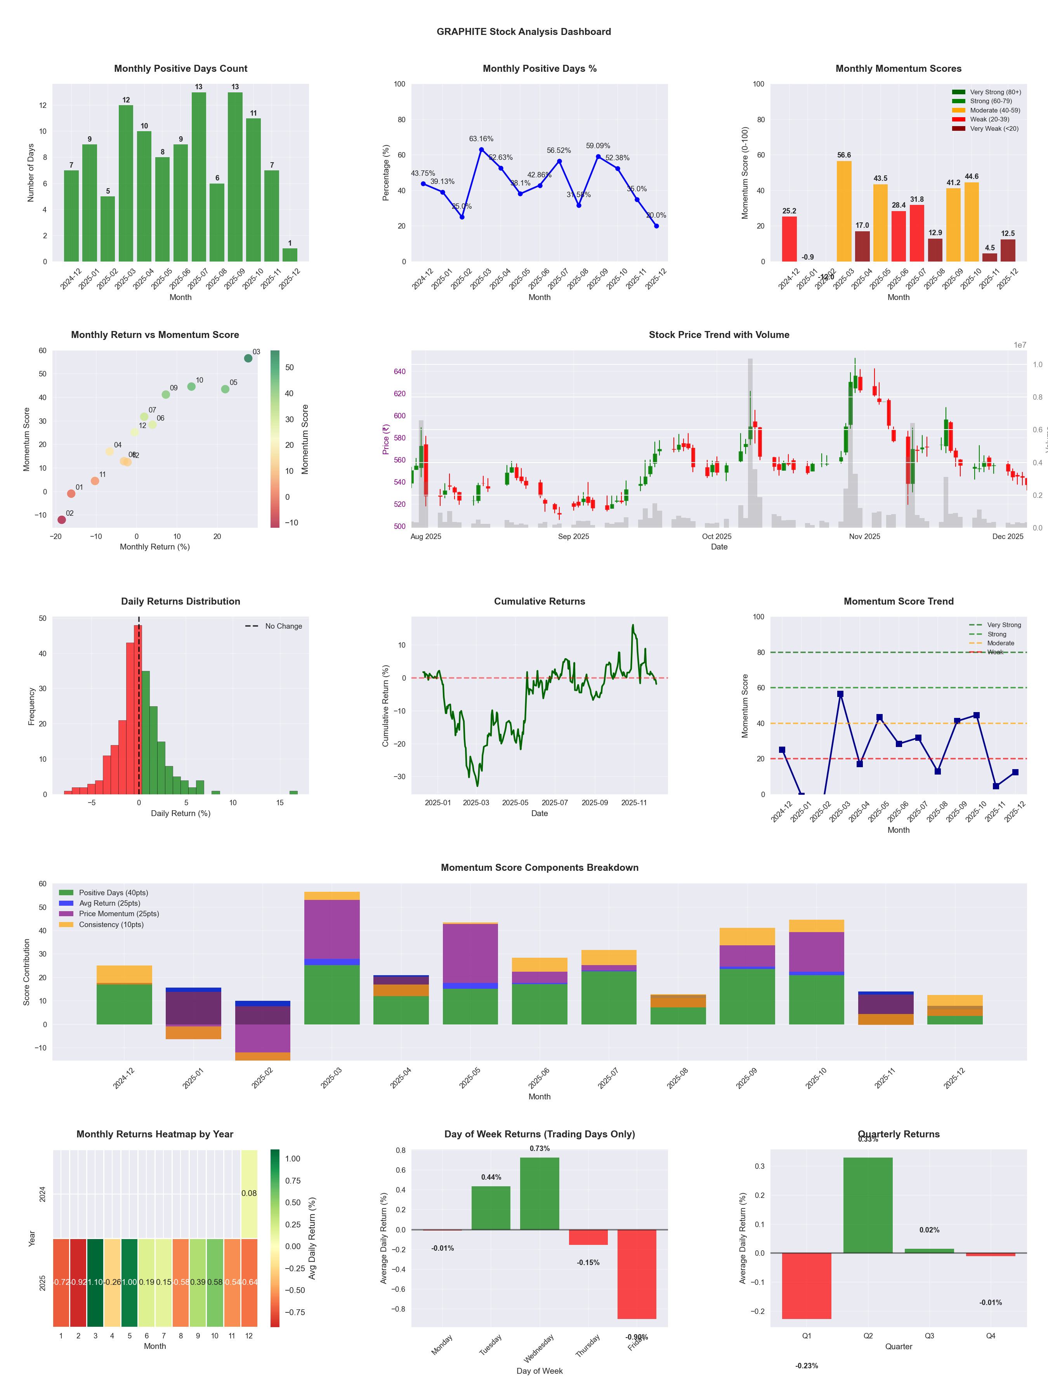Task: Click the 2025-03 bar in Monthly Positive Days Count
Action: [x=126, y=183]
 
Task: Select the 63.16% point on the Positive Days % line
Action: [x=481, y=150]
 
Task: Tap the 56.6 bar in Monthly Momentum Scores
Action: [x=844, y=211]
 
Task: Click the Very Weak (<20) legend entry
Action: [x=994, y=129]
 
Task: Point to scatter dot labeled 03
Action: [x=248, y=358]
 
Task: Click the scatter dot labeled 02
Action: [x=61, y=520]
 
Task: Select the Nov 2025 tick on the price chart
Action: [x=864, y=537]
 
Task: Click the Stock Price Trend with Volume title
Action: [x=719, y=335]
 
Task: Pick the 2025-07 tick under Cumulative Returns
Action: [x=555, y=803]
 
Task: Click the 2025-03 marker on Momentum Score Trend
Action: [x=840, y=694]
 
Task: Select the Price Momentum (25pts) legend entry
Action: [x=119, y=914]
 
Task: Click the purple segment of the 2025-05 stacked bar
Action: [x=470, y=954]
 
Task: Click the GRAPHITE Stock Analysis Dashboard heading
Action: [x=524, y=31]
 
